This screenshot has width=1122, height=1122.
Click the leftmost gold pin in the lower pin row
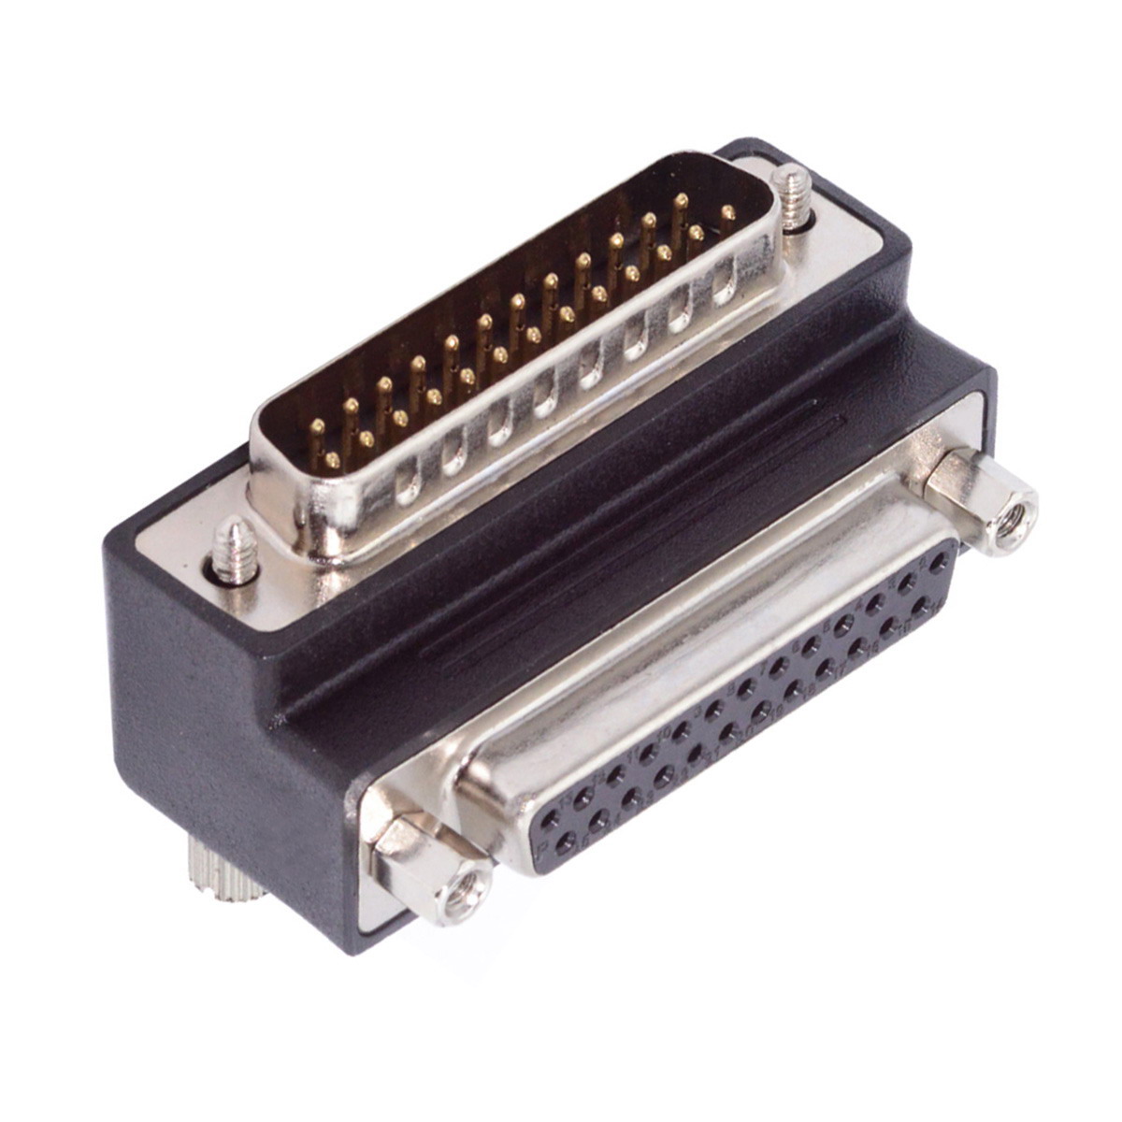(x=333, y=459)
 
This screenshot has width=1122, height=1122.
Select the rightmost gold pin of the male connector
(x=726, y=214)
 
